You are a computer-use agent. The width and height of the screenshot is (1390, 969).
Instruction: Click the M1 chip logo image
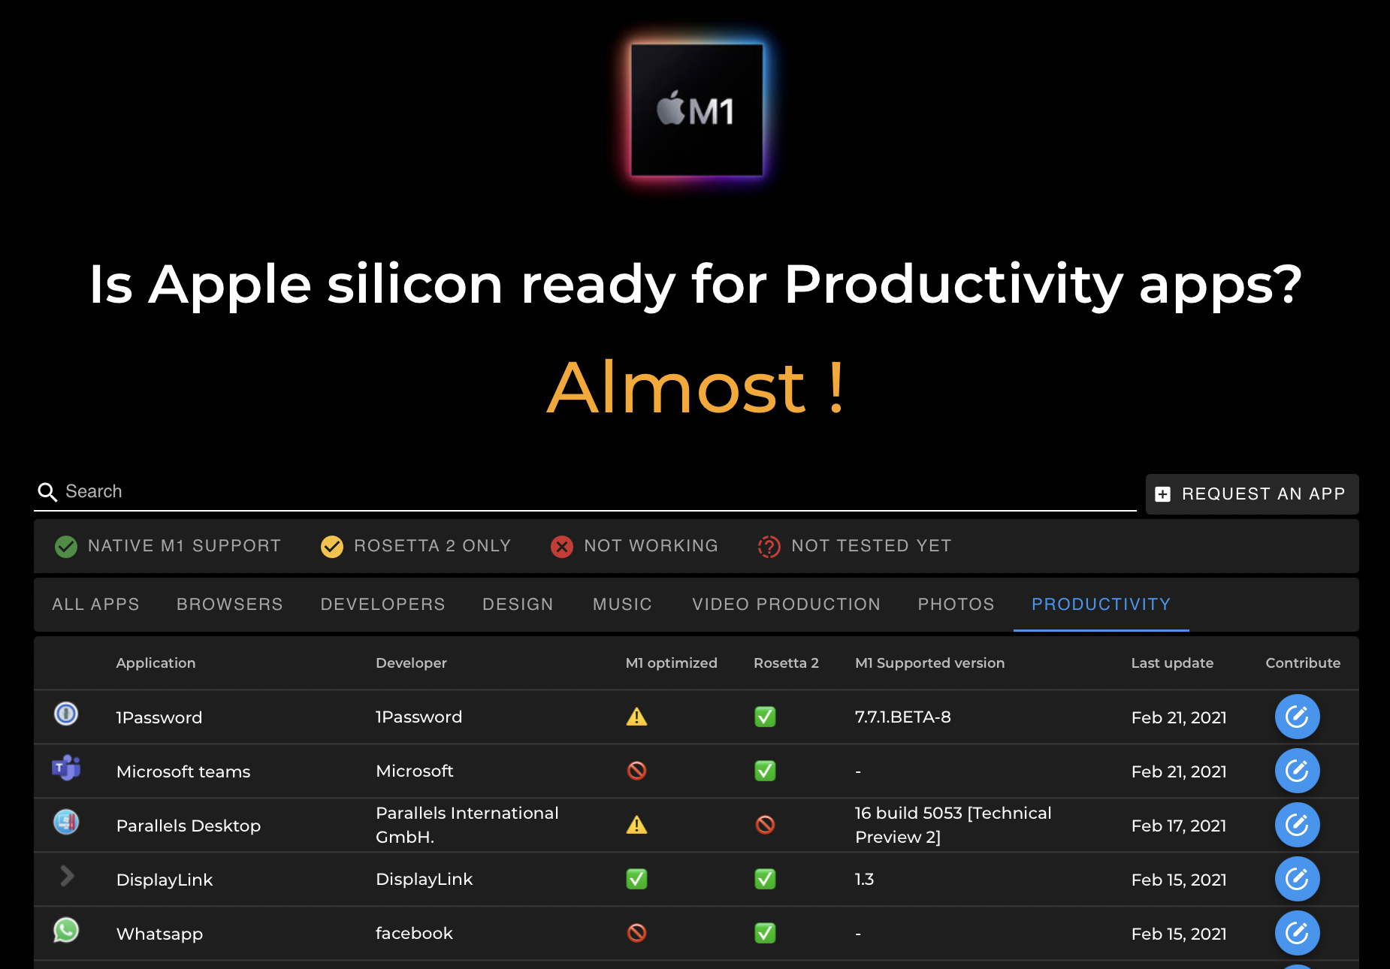[697, 110]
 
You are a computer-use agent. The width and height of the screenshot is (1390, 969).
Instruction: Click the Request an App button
[1252, 494]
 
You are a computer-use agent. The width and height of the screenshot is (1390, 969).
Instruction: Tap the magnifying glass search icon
[47, 492]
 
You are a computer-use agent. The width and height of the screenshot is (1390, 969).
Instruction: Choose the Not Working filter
[635, 546]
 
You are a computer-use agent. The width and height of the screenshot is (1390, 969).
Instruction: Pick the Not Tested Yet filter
[855, 546]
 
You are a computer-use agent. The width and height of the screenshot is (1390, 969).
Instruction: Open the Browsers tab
[229, 605]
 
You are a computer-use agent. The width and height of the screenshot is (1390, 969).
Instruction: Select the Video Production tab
[786, 605]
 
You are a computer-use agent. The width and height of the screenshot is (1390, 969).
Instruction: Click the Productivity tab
[1101, 605]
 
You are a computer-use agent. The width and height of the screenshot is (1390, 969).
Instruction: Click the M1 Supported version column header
[929, 663]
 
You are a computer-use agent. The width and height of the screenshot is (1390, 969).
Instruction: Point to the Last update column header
[1172, 663]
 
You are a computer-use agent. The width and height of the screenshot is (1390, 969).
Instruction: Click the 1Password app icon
[66, 714]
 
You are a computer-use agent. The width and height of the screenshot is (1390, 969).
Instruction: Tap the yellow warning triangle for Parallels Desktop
[636, 825]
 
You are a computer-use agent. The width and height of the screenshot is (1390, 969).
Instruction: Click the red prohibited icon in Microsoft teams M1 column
[636, 771]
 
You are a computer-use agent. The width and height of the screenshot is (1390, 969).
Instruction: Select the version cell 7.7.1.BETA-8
[902, 717]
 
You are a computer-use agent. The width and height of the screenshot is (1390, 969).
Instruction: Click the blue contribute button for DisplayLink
[1297, 879]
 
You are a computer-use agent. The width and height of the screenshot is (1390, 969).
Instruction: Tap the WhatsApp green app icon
[66, 931]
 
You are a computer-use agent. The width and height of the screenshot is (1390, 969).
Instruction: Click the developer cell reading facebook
[414, 934]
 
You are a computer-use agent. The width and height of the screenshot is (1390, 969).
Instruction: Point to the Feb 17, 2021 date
[1178, 826]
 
